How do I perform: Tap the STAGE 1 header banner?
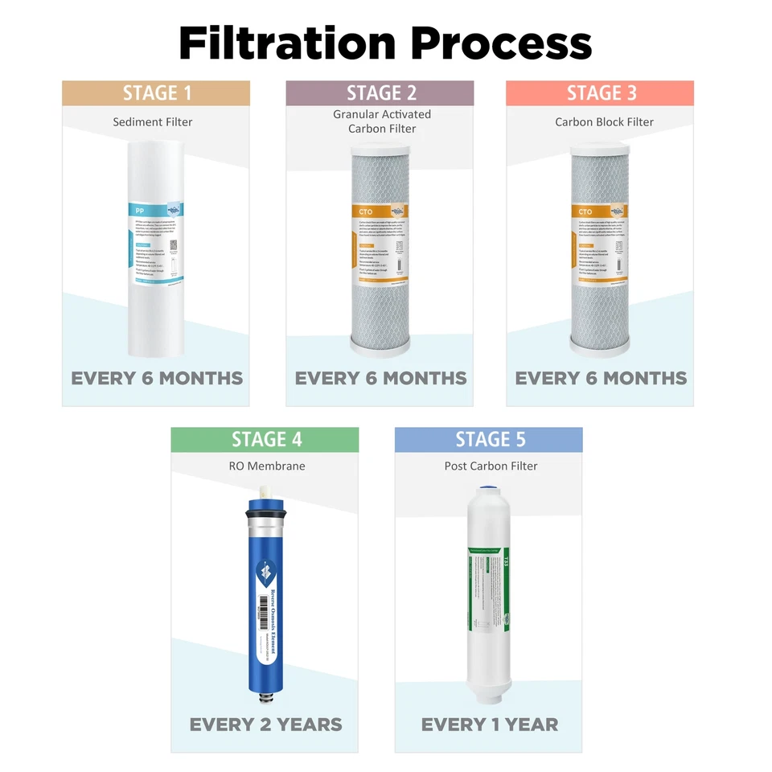pos(156,93)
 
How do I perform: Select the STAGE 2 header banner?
pos(380,93)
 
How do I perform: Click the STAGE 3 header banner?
pos(600,93)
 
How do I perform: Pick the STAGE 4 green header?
pos(265,440)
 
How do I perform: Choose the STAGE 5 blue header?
pos(489,440)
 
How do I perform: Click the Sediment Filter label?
pos(153,122)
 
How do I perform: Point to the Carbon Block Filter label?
pos(604,122)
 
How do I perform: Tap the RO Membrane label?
pos(265,466)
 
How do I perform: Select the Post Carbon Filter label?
pos(491,466)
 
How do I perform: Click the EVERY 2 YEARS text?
pos(265,725)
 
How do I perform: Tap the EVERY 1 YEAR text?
pos(489,725)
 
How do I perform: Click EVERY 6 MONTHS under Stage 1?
pos(157,378)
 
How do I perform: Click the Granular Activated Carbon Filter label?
pos(382,121)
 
